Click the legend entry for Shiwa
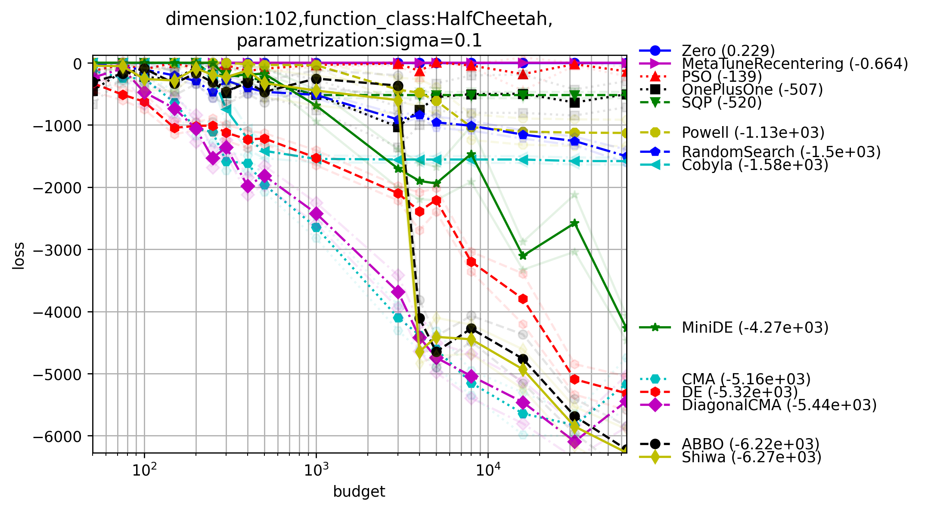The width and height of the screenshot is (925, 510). [751, 457]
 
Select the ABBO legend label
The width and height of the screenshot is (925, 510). [750, 444]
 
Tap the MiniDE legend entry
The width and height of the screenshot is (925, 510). [755, 328]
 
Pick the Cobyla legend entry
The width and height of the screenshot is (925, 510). [755, 165]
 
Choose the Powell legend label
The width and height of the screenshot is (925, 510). [753, 133]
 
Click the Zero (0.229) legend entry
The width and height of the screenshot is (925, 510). [728, 51]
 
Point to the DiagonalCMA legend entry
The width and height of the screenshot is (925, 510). [779, 405]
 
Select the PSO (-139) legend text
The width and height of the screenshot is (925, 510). [722, 77]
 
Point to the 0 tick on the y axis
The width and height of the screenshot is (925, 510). [78, 64]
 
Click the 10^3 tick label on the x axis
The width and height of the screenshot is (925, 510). [316, 470]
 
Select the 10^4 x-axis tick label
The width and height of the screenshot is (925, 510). [487, 470]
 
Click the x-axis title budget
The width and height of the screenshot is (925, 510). [359, 491]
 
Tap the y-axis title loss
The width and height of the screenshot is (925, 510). [18, 256]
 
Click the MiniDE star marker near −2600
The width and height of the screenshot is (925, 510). [574, 223]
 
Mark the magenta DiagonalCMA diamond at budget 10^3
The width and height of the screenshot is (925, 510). [316, 213]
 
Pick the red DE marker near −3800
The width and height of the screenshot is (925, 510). [523, 299]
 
